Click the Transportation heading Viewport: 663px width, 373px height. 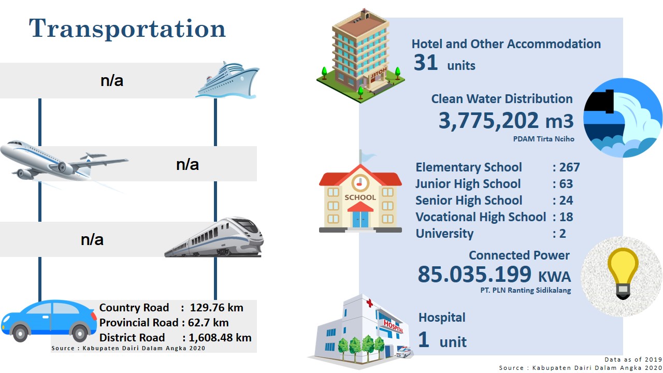(x=127, y=29)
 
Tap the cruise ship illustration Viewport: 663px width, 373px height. (x=227, y=80)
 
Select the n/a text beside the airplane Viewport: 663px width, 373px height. (x=188, y=165)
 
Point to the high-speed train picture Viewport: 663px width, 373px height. (x=214, y=237)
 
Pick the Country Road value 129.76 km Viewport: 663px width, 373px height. (x=217, y=308)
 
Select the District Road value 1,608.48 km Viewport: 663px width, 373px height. (x=220, y=338)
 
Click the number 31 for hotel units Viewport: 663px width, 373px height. (x=426, y=63)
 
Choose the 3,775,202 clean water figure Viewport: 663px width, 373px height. (x=488, y=121)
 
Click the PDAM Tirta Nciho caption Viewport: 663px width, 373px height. (x=543, y=139)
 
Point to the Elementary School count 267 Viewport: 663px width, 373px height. (x=569, y=167)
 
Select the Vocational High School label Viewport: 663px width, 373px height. (x=481, y=217)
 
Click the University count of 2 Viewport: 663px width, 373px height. (x=563, y=234)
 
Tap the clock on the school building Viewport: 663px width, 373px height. (x=360, y=183)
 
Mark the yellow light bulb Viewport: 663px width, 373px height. (x=623, y=274)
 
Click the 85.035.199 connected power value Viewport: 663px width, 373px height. (x=474, y=274)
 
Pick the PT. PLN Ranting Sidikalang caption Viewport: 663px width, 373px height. (x=526, y=290)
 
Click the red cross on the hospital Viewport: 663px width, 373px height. (x=369, y=303)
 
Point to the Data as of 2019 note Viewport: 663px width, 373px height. (x=633, y=360)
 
